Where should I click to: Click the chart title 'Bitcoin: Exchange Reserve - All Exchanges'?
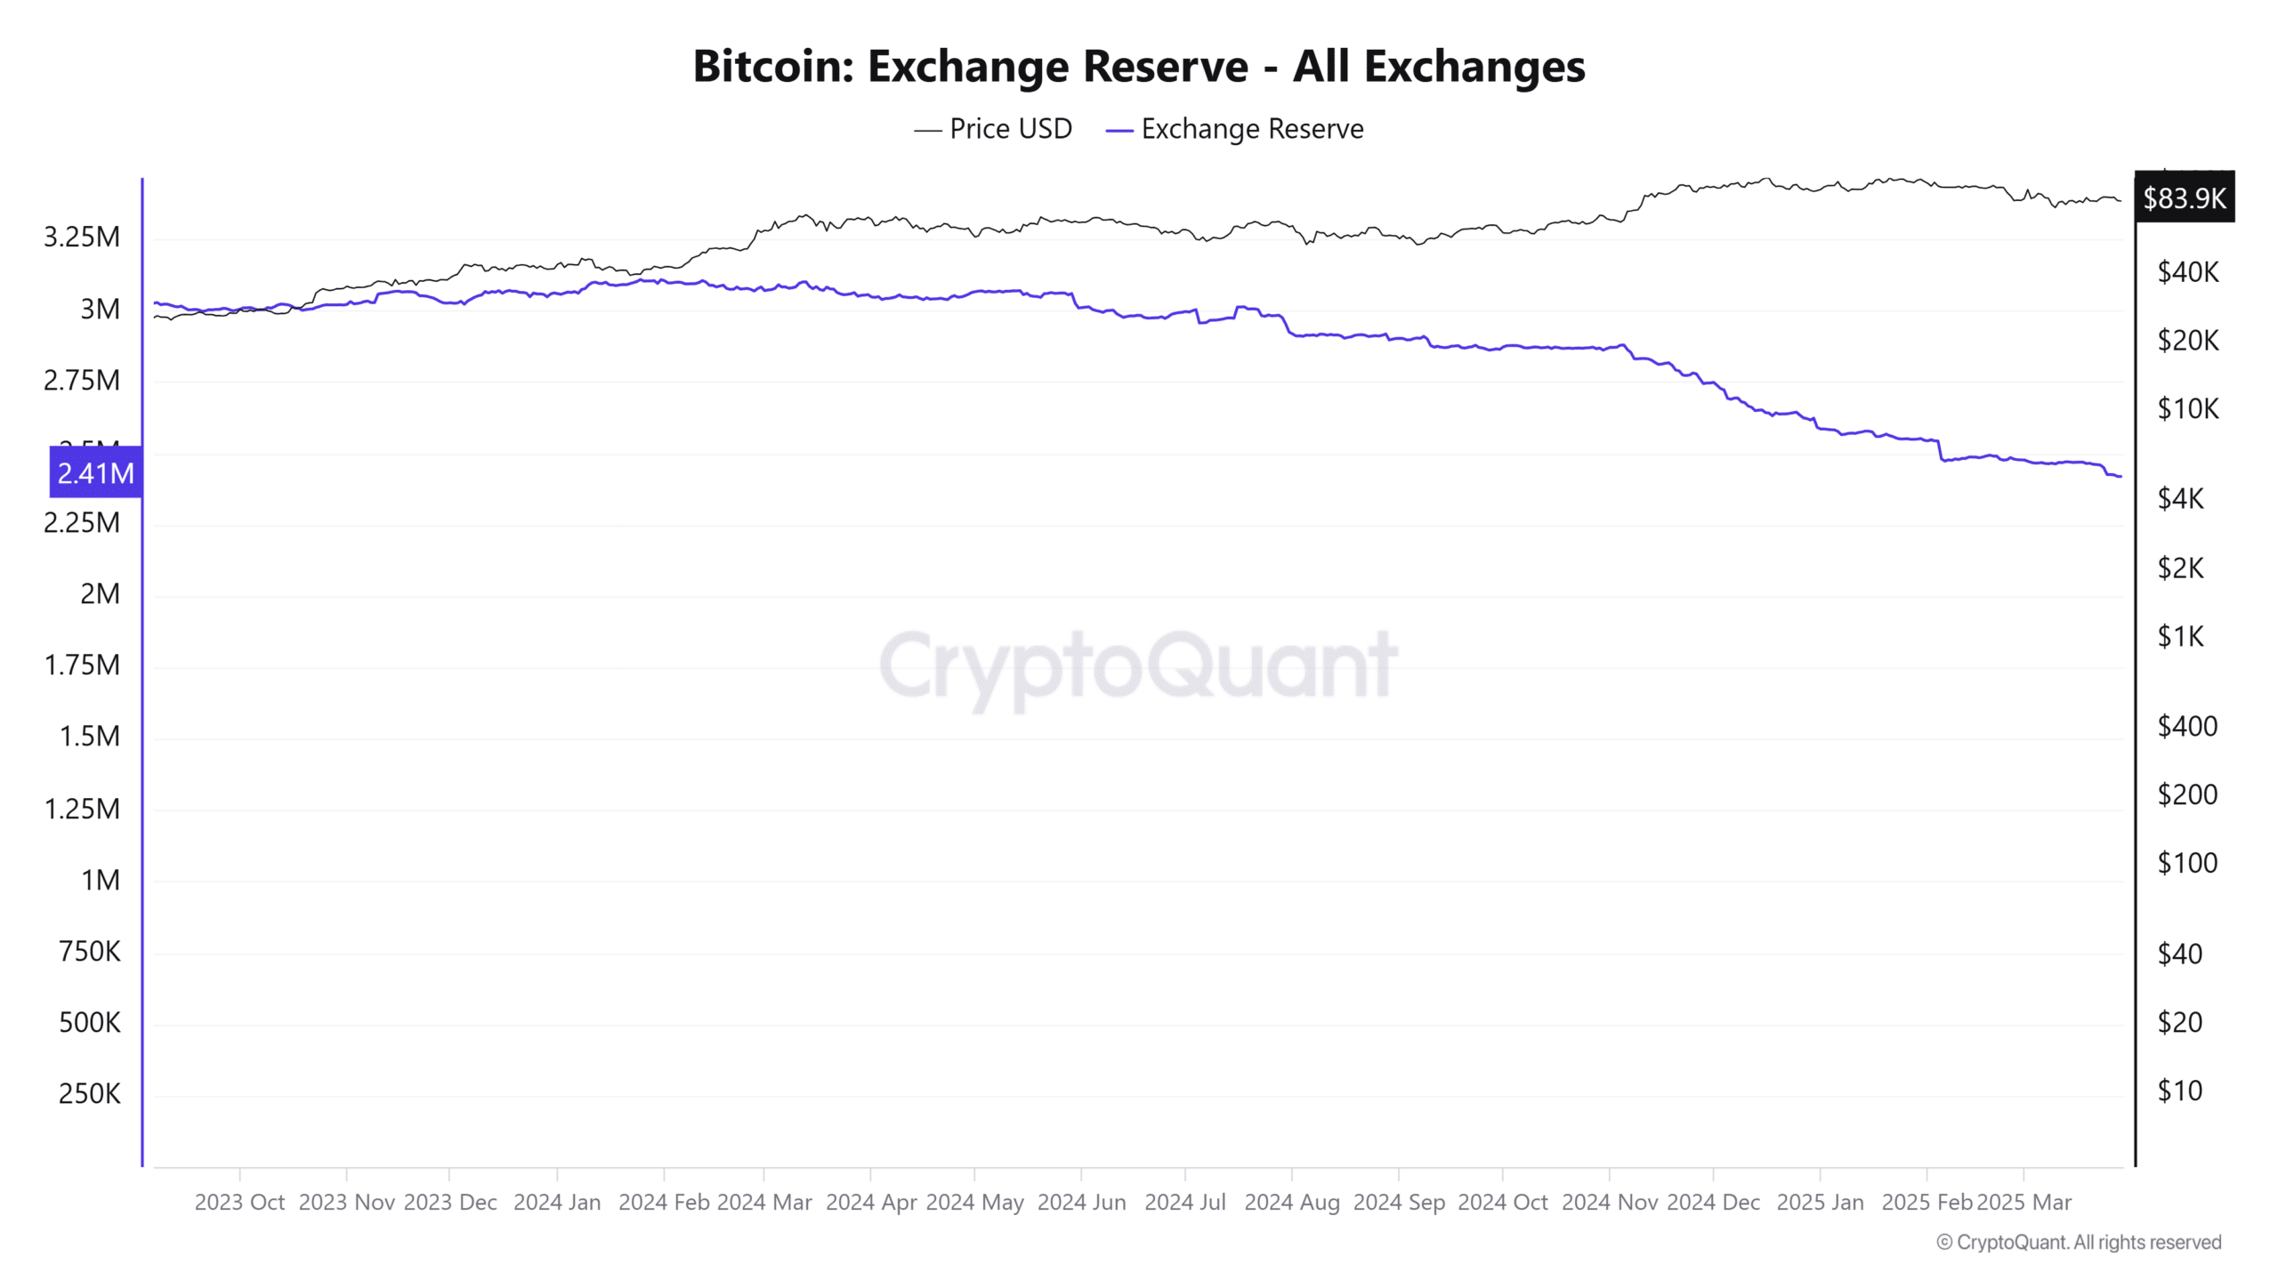point(1139,67)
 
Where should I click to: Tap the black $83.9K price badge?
point(2184,197)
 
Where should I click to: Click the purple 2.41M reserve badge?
point(96,472)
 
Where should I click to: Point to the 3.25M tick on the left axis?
point(82,238)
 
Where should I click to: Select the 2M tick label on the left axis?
point(100,593)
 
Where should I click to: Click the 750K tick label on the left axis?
point(89,951)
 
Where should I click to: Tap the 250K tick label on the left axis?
point(89,1093)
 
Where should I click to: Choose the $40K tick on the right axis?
point(2188,272)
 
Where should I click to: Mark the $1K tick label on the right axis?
point(2180,636)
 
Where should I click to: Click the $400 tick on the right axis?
point(2187,726)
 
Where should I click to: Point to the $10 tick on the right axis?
point(2179,1091)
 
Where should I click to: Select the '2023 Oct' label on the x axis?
point(239,1203)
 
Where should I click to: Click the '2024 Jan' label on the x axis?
point(557,1203)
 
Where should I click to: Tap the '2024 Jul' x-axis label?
point(1184,1203)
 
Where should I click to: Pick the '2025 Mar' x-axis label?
point(2024,1203)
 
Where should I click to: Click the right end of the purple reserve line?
point(2120,477)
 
